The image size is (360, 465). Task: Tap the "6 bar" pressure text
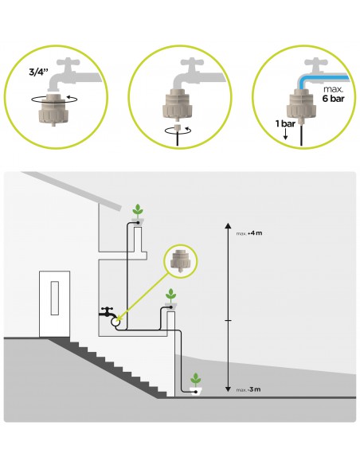coord(334,99)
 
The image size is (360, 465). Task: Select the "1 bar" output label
coord(285,123)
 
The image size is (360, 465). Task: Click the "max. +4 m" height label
coord(249,233)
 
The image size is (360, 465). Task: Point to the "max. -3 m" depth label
coord(248,389)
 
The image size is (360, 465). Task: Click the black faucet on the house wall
coord(107,311)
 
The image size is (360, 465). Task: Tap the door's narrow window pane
coord(55,298)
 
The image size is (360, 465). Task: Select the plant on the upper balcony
coord(138,210)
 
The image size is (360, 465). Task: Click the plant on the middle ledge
coord(170,295)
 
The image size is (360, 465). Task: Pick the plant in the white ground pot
coord(195,380)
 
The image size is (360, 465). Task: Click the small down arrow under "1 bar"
coord(285,135)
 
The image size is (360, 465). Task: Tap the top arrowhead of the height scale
coord(228,225)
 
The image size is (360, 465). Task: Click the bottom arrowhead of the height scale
coord(228,389)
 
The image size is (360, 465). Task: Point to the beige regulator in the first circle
coord(53,109)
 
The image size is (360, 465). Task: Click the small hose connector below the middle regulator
coord(178,128)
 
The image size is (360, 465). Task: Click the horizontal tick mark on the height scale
coord(228,321)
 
